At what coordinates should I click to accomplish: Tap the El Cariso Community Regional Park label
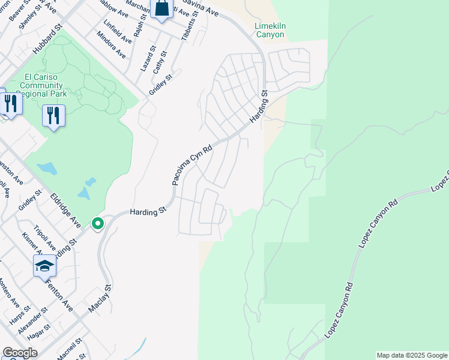click(x=44, y=85)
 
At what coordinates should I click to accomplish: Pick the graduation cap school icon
click(x=44, y=266)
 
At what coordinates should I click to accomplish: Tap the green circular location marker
click(x=97, y=224)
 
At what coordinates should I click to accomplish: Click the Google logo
click(x=20, y=353)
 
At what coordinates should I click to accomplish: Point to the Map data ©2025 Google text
click(x=412, y=355)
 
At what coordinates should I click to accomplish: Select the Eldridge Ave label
click(x=65, y=210)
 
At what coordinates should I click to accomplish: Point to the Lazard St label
click(x=148, y=59)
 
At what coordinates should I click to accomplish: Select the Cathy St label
click(x=159, y=62)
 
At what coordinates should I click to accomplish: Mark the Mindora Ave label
click(x=112, y=46)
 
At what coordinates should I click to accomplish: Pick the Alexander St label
click(x=32, y=323)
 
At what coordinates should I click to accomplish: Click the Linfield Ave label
click(x=118, y=31)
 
